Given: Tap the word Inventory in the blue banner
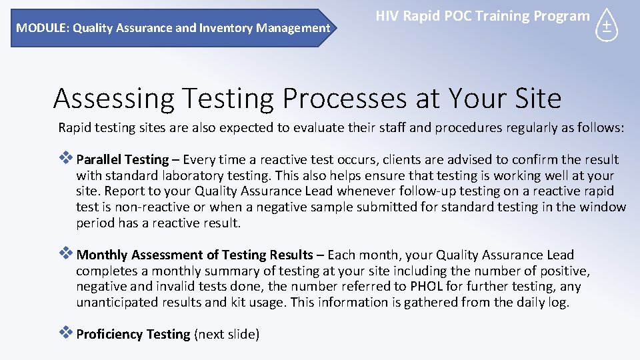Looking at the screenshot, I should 221,28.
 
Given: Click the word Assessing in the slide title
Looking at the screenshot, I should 113,99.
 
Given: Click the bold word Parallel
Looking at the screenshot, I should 99,159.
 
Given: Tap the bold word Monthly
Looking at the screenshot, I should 103,255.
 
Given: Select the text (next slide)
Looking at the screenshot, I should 226,334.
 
